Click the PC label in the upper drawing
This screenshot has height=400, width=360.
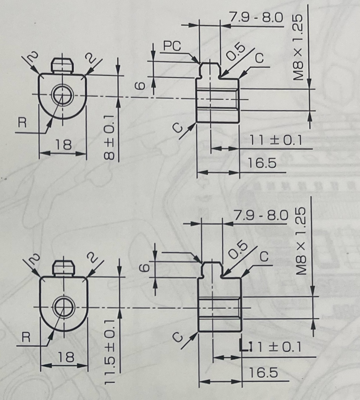click(172, 46)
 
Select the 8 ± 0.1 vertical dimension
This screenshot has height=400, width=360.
click(110, 136)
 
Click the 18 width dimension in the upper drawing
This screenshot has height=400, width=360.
click(63, 145)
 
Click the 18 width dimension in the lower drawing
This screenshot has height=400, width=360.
click(65, 357)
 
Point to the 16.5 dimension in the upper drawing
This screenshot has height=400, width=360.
click(262, 164)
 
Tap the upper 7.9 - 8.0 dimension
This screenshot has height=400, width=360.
click(256, 18)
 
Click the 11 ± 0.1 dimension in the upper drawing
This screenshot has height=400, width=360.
click(276, 141)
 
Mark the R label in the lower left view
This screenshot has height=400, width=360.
click(26, 337)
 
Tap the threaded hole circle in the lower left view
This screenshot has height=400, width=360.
click(63, 307)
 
